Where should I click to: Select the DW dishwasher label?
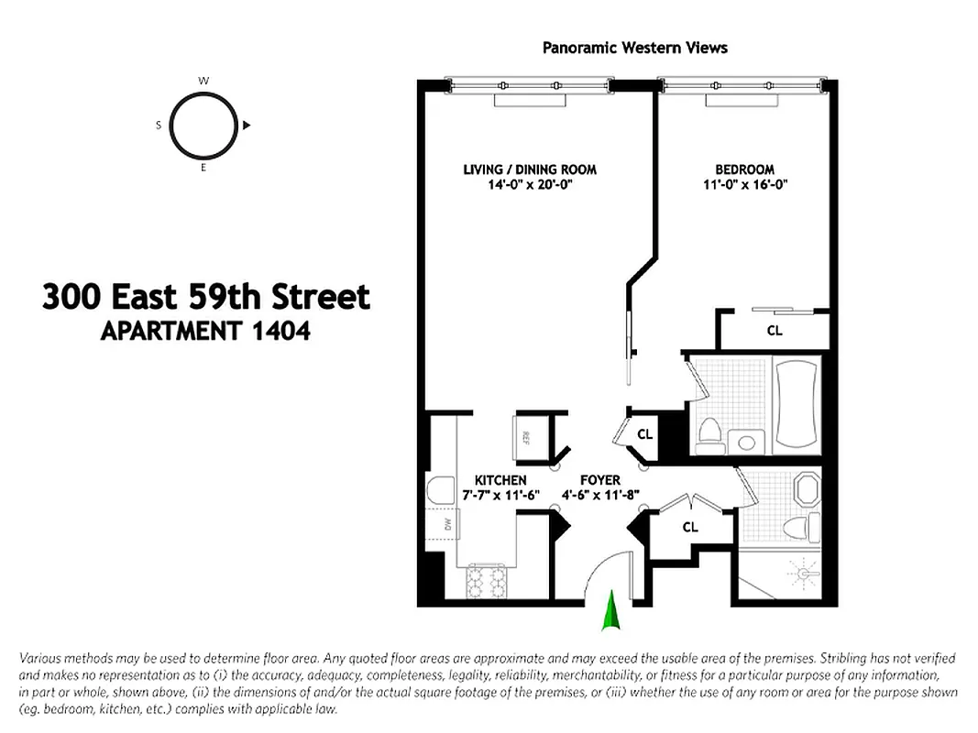448,524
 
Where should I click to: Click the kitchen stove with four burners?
487,581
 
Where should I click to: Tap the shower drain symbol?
804,574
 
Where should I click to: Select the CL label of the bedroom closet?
774,331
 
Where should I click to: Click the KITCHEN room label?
500,480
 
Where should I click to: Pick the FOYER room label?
600,480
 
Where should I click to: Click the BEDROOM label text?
744,170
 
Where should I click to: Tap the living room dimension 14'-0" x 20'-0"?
530,184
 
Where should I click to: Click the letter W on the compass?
203,82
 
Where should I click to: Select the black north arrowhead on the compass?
247,126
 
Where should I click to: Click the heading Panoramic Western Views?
634,47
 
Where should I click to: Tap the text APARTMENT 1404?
204,331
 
